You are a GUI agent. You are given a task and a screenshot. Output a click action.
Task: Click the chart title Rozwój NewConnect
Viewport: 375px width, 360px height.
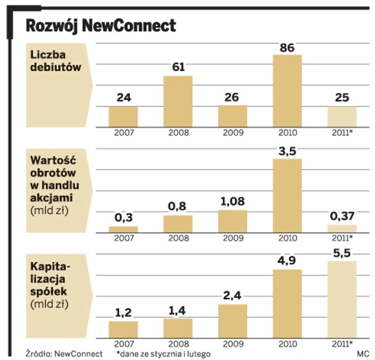tap(101, 26)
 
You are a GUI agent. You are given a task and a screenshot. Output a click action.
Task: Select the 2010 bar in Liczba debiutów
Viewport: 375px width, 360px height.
tap(287, 91)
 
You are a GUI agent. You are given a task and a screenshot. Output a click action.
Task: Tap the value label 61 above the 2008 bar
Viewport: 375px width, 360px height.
tap(177, 67)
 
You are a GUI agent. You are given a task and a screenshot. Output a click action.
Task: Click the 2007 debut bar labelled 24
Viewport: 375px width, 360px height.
tap(123, 116)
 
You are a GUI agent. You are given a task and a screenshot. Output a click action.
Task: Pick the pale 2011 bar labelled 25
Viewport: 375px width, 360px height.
tap(342, 116)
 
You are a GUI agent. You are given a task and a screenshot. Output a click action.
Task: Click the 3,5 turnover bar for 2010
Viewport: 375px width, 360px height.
tap(287, 196)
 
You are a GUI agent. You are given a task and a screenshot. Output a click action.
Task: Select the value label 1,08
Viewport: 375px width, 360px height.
tap(232, 202)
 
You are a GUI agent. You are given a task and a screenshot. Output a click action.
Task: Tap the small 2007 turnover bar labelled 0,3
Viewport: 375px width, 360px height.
tap(123, 229)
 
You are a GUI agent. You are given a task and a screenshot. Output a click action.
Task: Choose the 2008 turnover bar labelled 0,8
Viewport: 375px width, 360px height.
tap(177, 224)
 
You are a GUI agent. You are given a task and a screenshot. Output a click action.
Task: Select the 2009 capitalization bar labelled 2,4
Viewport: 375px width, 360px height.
tap(232, 321)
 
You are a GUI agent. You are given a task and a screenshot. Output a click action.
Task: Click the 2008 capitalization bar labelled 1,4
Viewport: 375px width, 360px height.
tap(177, 328)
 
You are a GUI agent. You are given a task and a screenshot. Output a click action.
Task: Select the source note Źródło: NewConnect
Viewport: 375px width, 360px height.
tap(64, 354)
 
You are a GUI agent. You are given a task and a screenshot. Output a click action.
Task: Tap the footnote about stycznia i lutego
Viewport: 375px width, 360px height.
tap(160, 354)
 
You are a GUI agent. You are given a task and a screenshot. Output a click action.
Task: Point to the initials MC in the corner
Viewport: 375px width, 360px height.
tap(362, 354)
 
